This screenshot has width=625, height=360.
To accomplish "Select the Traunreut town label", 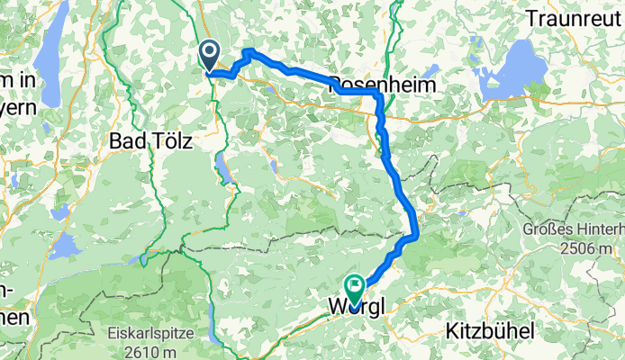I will [573, 17].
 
